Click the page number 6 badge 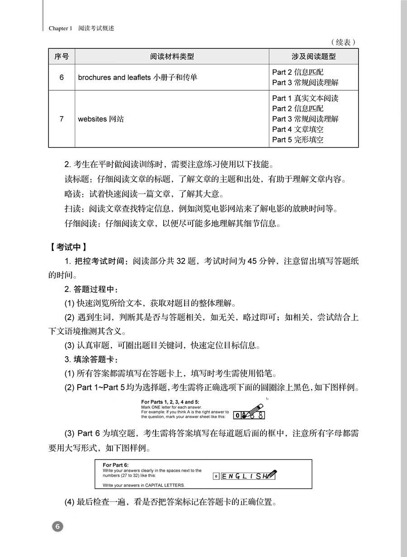coord(57,526)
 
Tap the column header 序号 coord(62,56)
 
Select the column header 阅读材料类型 coord(172,56)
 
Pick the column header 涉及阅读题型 coord(313,56)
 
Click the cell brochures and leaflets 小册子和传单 coord(137,77)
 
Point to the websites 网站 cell coord(100,119)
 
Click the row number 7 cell coord(62,119)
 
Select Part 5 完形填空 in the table coord(298,140)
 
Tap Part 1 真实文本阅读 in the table coord(305,98)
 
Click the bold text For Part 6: coord(116,464)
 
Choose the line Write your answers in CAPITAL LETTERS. coord(144,485)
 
